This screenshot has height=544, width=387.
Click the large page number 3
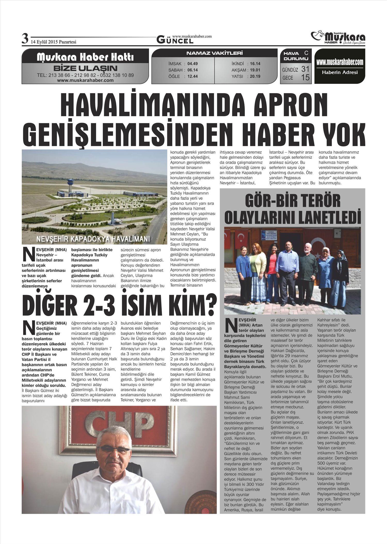point(25,39)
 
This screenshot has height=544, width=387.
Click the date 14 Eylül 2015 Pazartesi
point(54,42)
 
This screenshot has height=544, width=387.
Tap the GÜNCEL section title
point(175,40)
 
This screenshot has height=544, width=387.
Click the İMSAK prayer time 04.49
point(192,64)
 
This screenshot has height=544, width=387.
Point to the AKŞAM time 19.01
point(255,70)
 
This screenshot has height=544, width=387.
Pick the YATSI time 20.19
point(255,76)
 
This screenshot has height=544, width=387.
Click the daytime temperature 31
point(305,69)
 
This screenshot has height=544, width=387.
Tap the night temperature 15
point(305,77)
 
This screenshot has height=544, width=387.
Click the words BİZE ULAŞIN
point(85,69)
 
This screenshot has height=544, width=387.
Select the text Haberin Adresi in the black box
point(340,72)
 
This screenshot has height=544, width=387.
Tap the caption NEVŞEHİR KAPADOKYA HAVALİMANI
point(93,239)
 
